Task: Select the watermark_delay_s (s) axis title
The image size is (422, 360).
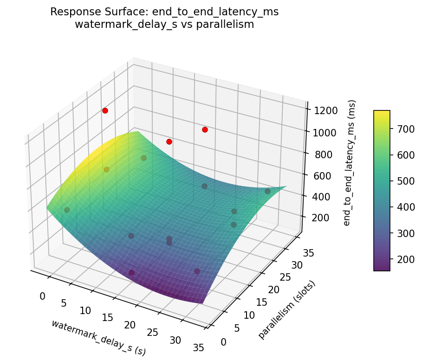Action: click(98, 337)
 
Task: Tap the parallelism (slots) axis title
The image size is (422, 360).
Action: click(286, 309)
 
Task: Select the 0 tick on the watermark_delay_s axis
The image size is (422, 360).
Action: click(42, 296)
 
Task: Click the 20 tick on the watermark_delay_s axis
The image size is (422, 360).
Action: click(130, 325)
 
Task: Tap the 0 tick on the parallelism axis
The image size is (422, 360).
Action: click(223, 342)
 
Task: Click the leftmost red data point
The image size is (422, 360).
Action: click(105, 110)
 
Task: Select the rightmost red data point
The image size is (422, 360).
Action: click(205, 129)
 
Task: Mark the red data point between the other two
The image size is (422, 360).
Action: click(169, 141)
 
